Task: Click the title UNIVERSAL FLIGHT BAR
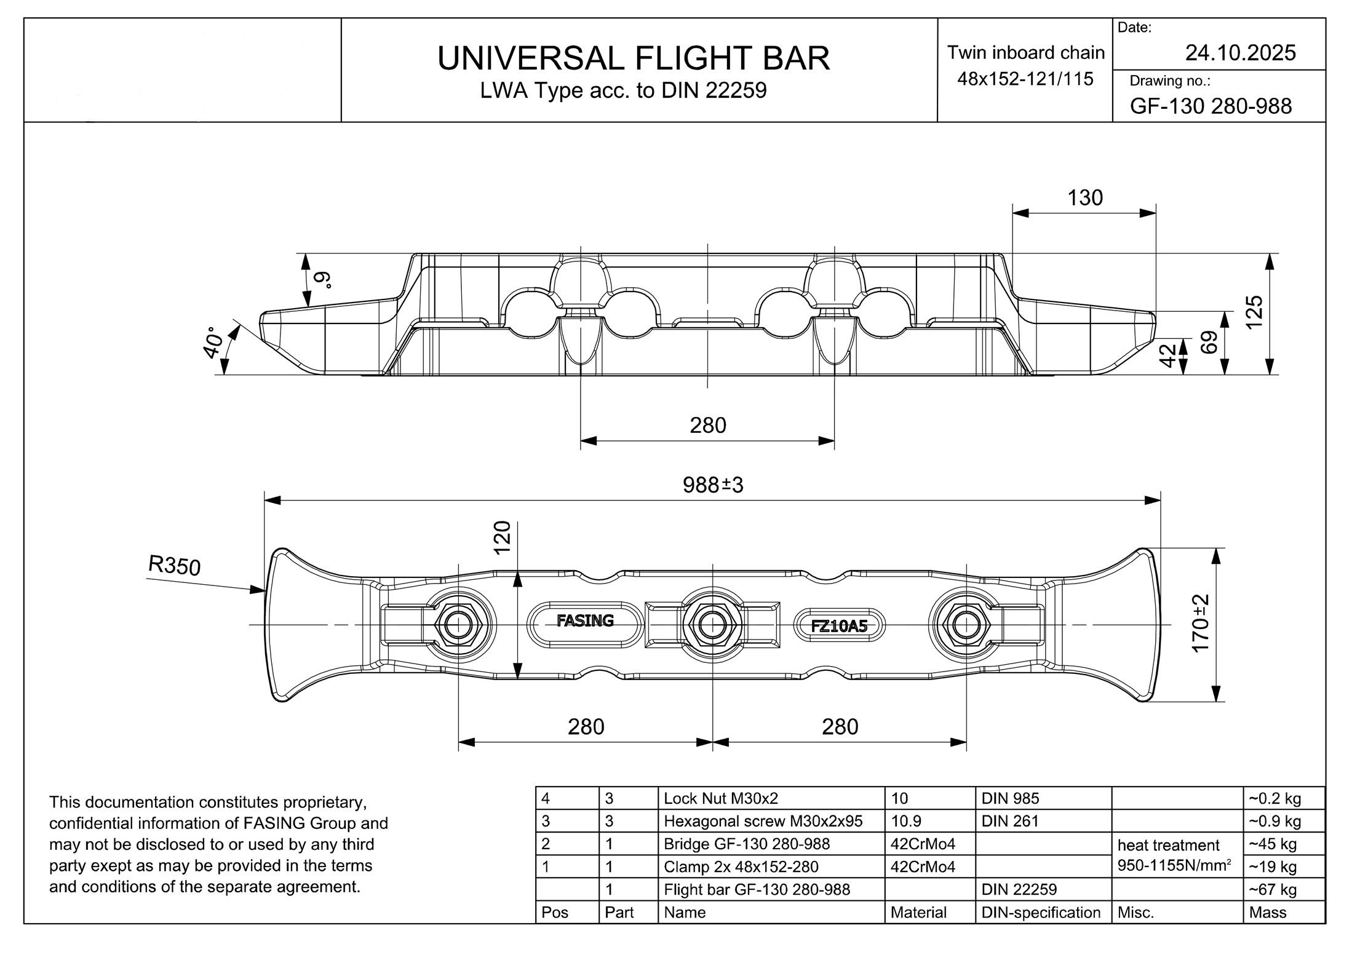(633, 58)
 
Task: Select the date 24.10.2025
(1240, 53)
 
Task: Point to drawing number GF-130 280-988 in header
(1211, 106)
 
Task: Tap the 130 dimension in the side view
(1085, 198)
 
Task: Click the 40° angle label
(213, 342)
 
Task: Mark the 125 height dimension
(1254, 312)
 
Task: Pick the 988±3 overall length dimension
(713, 485)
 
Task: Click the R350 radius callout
(175, 565)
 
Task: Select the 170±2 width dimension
(1201, 624)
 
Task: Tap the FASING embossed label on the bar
(585, 620)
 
